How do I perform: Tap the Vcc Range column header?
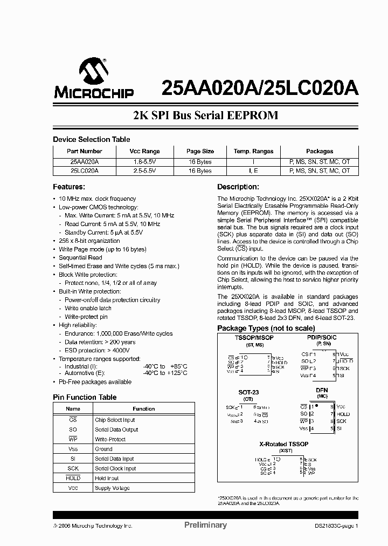[x=144, y=151]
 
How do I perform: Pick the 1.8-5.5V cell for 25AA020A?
[x=144, y=161]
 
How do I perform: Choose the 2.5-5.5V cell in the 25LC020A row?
[x=144, y=170]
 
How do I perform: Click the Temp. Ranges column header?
[x=253, y=151]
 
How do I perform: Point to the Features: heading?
[x=68, y=187]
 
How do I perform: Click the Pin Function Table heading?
[x=84, y=397]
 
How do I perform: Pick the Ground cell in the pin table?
[x=103, y=449]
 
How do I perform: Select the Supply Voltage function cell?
[x=112, y=488]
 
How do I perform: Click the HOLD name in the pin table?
[x=73, y=478]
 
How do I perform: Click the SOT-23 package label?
[x=248, y=392]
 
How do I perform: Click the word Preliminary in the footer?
[x=205, y=525]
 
